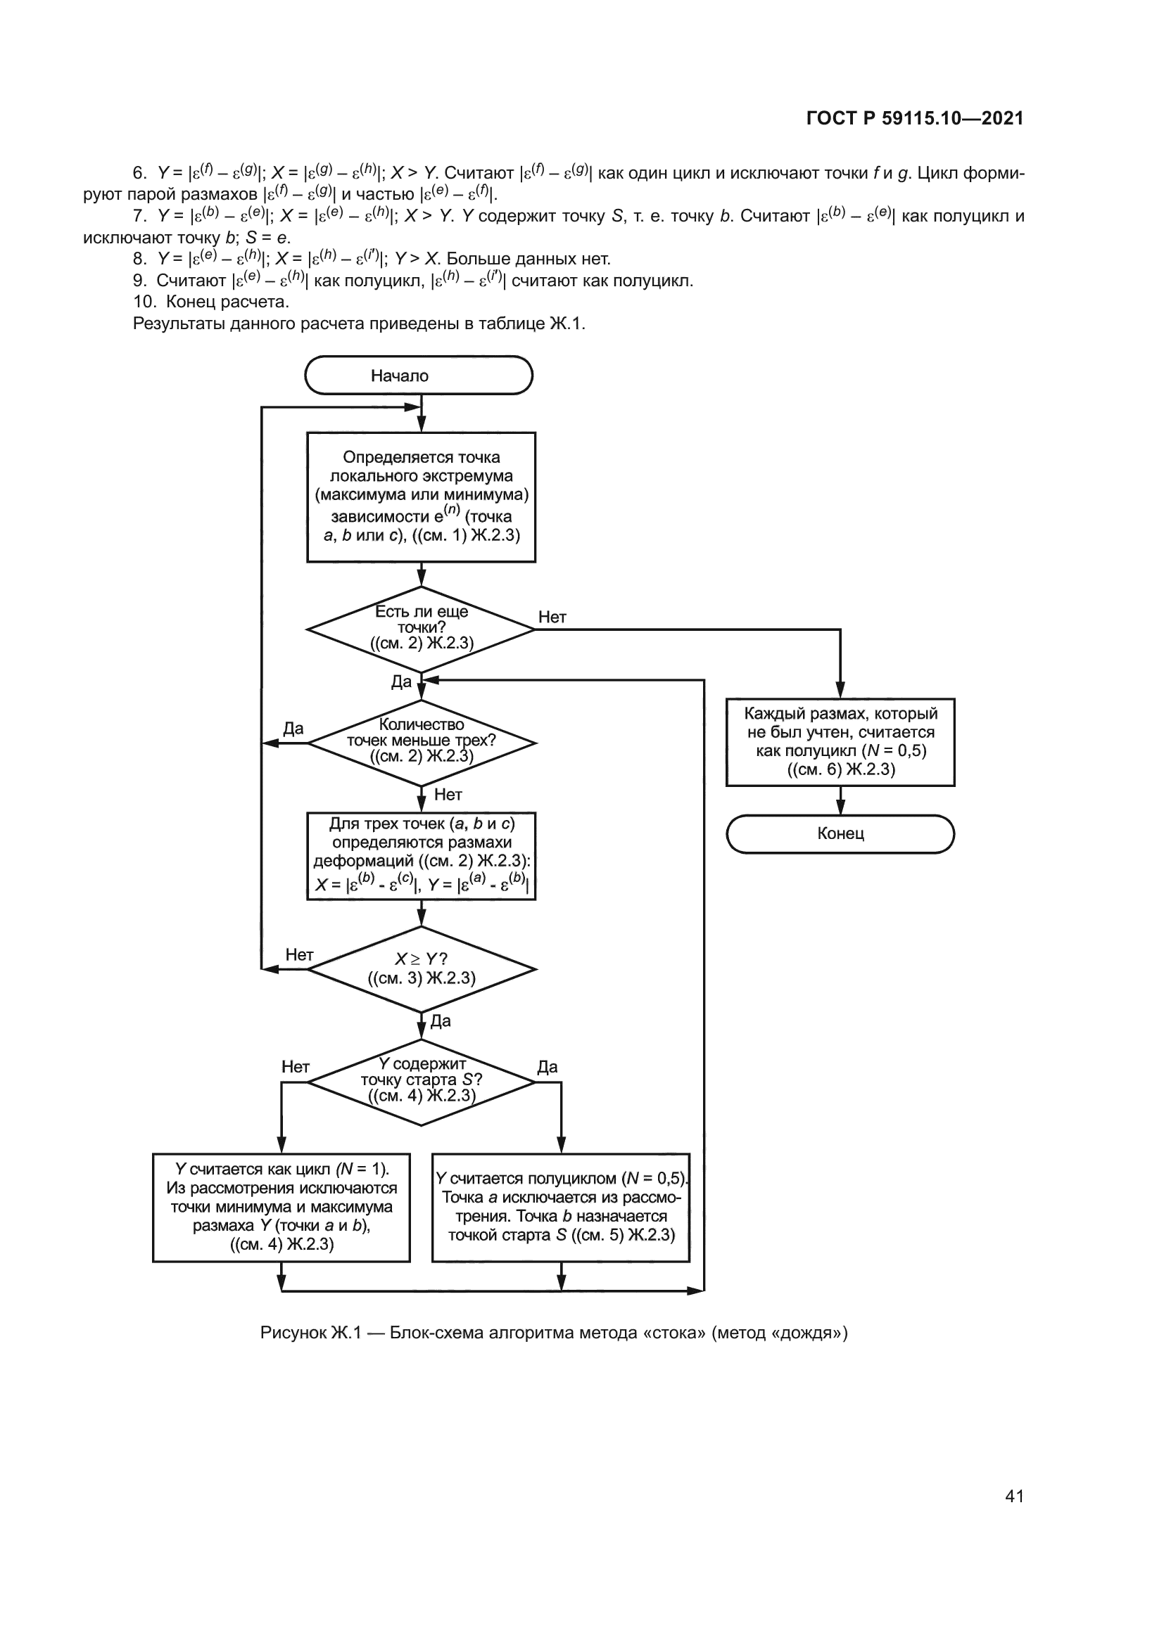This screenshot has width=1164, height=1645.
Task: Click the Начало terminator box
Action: [x=419, y=376]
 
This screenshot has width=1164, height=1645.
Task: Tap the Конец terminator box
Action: [x=840, y=834]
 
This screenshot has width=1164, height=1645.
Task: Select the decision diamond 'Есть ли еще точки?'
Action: [x=421, y=629]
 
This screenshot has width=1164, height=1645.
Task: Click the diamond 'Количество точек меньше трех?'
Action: [x=421, y=742]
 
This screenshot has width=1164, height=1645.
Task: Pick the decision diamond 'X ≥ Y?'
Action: [x=421, y=969]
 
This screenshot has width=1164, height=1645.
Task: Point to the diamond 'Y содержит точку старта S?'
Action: [x=421, y=1082]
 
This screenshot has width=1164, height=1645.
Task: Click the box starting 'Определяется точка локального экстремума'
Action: [x=421, y=497]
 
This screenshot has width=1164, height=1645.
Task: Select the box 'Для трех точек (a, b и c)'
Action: [x=421, y=855]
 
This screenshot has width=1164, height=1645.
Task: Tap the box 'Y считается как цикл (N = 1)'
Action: [x=281, y=1208]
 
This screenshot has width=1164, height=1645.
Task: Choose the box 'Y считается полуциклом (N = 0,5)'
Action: [x=560, y=1208]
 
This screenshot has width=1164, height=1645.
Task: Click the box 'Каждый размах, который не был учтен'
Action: [x=840, y=741]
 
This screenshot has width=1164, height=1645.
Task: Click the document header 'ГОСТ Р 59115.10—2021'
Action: [x=915, y=118]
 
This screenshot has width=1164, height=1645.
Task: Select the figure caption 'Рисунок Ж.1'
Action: [x=553, y=1333]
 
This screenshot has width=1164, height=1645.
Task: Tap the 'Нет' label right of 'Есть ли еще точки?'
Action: [x=552, y=617]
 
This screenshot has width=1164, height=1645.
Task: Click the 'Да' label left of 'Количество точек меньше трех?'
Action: [x=293, y=729]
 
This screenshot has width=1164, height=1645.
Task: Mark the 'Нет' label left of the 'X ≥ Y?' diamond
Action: [x=299, y=954]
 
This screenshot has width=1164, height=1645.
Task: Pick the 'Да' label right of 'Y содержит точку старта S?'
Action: [x=547, y=1067]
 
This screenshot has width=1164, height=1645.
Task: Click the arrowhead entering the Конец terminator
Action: [x=840, y=809]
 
